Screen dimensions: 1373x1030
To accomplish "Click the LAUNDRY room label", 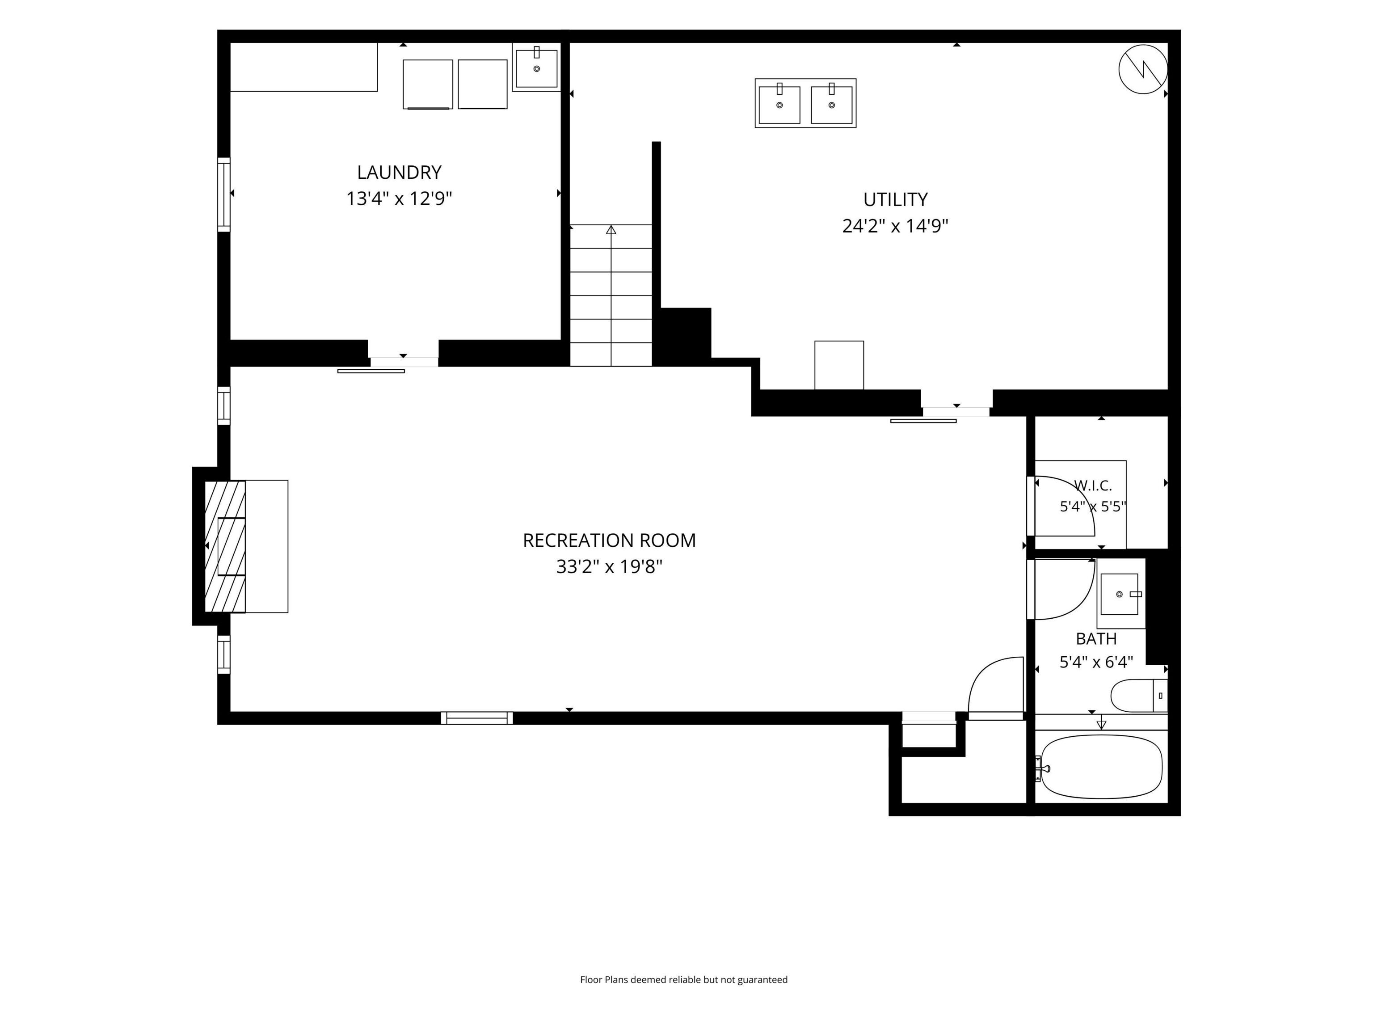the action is [x=399, y=172].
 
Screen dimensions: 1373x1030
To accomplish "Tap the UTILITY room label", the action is [x=895, y=199].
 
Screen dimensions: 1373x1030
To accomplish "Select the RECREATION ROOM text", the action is [x=609, y=540].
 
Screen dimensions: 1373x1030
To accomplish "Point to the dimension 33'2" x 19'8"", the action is [x=609, y=567].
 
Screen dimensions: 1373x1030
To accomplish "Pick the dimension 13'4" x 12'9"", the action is [x=399, y=198].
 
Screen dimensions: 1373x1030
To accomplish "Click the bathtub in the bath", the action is [x=1101, y=767].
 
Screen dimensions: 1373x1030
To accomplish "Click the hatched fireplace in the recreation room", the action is [x=225, y=546].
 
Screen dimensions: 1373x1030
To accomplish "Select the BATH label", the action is [x=1096, y=639].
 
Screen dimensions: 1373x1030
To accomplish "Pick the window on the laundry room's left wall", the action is [x=223, y=194].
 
